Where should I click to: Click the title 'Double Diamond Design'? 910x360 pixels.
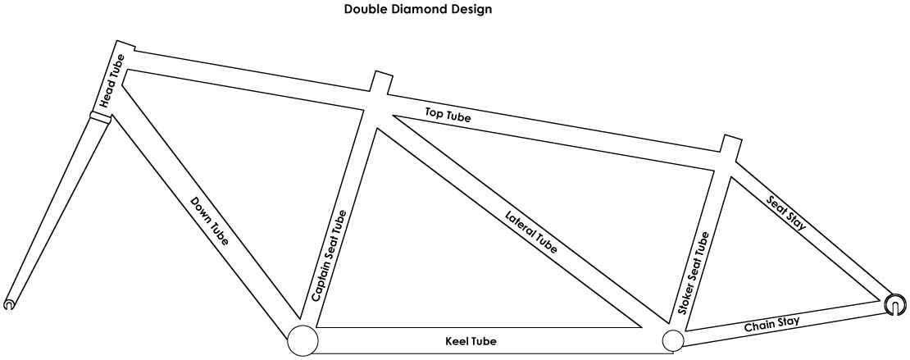click(417, 11)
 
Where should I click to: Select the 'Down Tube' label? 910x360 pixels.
click(210, 221)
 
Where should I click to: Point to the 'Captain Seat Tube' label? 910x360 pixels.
click(330, 255)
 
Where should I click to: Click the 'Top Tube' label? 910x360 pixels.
click(448, 116)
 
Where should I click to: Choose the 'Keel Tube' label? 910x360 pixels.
click(471, 340)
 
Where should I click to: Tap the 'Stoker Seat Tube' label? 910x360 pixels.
click(694, 274)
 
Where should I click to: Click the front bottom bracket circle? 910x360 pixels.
click(301, 340)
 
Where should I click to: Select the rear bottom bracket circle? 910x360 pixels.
click(672, 341)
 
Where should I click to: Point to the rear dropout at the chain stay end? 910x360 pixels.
click(896, 305)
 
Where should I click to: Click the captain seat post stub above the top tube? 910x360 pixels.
click(380, 82)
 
